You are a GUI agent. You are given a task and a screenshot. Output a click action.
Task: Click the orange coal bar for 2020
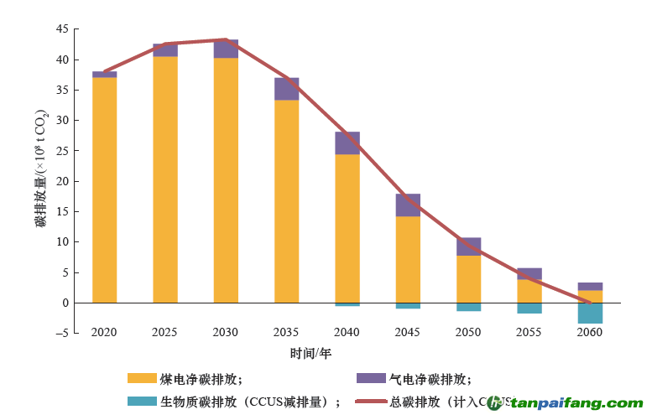[104, 189]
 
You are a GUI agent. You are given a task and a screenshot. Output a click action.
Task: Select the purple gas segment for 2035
[286, 89]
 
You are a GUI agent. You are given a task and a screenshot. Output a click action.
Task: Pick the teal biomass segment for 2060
[590, 313]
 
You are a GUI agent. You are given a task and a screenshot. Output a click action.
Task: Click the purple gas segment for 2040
[347, 143]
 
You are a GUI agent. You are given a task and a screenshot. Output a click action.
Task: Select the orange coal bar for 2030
[226, 179]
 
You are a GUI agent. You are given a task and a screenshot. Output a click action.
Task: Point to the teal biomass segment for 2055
[529, 308]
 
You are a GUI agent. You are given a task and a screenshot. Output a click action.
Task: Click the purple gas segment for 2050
[468, 246]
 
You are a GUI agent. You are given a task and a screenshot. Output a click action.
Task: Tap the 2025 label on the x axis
[164, 332]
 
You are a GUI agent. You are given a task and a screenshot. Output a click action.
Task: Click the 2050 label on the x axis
[468, 332]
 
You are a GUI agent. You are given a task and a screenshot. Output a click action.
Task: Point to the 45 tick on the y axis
[62, 29]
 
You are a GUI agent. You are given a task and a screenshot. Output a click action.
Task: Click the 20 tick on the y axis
[62, 181]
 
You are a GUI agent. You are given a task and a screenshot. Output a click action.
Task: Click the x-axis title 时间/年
[310, 353]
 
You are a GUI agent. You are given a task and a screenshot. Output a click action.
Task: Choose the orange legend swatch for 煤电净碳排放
[142, 378]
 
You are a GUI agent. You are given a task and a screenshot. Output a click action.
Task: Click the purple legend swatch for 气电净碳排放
[370, 378]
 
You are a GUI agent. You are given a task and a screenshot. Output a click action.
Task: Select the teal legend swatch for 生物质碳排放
[142, 401]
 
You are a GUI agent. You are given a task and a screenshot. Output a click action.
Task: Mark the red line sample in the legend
[370, 401]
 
